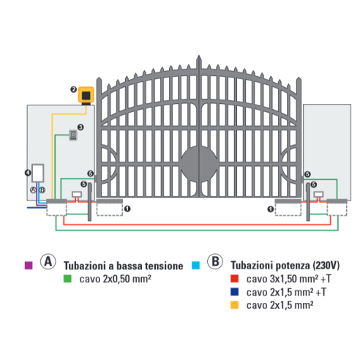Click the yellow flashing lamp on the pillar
(86, 95)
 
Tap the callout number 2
(74, 89)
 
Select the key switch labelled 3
(73, 135)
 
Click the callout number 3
(80, 127)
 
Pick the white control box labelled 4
(38, 173)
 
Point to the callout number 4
(28, 173)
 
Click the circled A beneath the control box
(33, 190)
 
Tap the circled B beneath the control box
(42, 190)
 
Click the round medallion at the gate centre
(198, 164)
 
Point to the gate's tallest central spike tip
(199, 56)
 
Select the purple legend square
(29, 266)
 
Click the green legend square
(67, 279)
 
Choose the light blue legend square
(195, 266)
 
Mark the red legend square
(234, 279)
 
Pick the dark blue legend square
(234, 292)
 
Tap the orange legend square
(234, 305)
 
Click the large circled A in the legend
(48, 261)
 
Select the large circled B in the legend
(215, 261)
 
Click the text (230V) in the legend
(326, 266)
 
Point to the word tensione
(164, 266)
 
